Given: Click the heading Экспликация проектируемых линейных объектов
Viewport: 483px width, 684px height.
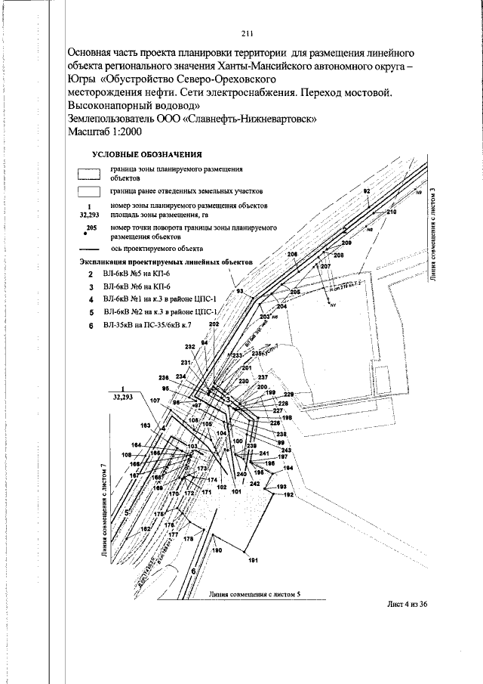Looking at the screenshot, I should point(165,262).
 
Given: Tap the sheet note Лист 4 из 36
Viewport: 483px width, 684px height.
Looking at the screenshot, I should point(407,612).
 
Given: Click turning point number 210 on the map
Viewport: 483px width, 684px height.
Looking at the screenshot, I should point(391,214).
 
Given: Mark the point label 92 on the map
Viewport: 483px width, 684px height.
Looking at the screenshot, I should point(367,193).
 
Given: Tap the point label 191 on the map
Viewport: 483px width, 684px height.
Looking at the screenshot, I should point(253,560).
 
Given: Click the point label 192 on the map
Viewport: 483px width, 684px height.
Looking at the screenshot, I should point(288,494).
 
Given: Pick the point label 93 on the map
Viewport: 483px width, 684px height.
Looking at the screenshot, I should point(240,291).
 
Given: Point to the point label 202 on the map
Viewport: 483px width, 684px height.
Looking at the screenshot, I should point(214,324).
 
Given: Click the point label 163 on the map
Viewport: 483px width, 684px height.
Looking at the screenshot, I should point(146,426).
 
